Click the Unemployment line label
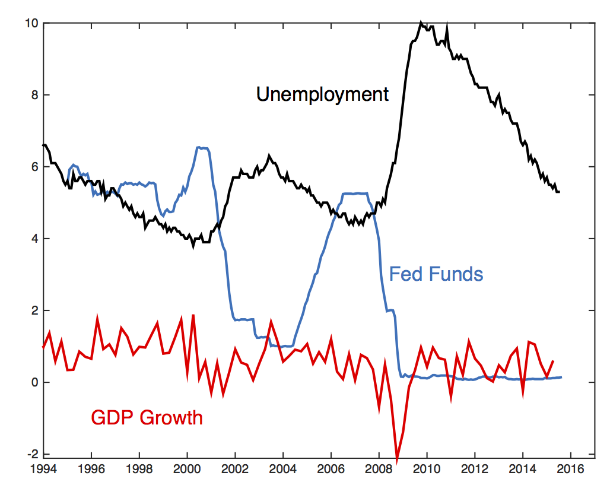pyautogui.click(x=322, y=94)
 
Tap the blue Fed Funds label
pyautogui.click(x=436, y=274)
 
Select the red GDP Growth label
pyautogui.click(x=147, y=418)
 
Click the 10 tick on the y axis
pyautogui.click(x=31, y=23)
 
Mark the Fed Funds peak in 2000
pyautogui.click(x=201, y=147)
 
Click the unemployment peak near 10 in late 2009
pyautogui.click(x=421, y=23)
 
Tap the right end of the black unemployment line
pyautogui.click(x=560, y=192)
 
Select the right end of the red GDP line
pyautogui.click(x=554, y=360)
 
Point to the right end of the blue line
pyautogui.click(x=561, y=377)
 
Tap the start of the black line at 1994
pyautogui.click(x=43, y=145)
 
